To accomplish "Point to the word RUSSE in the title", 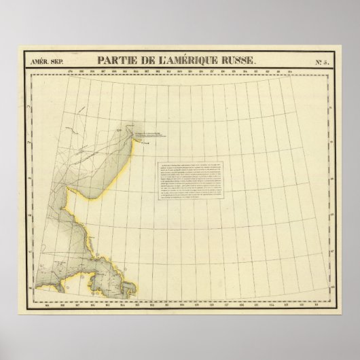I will [241, 60].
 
